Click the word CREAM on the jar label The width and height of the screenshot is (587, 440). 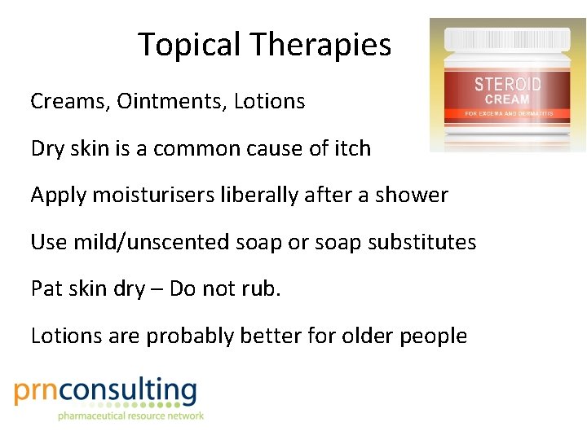(x=508, y=99)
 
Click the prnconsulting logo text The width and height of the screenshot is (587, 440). (x=106, y=392)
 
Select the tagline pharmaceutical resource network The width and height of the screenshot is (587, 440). (x=130, y=416)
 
